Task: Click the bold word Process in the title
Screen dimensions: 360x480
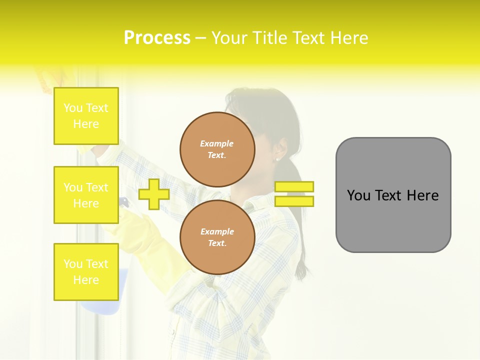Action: [x=157, y=38]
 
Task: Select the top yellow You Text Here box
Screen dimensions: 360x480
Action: [x=86, y=116]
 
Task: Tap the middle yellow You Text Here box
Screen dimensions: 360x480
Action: [x=86, y=195]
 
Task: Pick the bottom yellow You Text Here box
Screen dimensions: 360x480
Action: [x=86, y=271]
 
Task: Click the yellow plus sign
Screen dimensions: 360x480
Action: [x=153, y=194]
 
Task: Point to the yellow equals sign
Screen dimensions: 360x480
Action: [x=294, y=194]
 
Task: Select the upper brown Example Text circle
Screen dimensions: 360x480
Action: [x=217, y=149]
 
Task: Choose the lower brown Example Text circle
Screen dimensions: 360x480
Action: [x=217, y=237]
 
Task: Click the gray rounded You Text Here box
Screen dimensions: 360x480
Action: [x=393, y=195]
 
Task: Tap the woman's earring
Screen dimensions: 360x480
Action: [x=277, y=159]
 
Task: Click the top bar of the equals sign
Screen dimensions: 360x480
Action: [x=294, y=186]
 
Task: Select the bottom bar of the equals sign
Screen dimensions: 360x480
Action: [x=294, y=201]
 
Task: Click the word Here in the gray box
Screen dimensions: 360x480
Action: [x=422, y=195]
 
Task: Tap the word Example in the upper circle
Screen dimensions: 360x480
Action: [x=217, y=143]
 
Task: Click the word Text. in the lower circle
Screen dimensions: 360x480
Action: [x=217, y=243]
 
